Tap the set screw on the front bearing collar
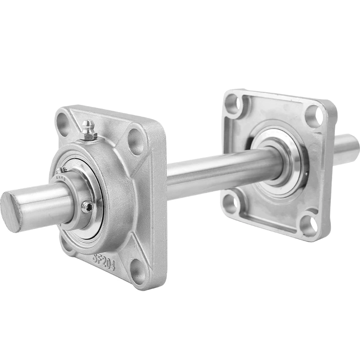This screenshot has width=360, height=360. (90, 207)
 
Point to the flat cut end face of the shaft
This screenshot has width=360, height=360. (10, 211)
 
